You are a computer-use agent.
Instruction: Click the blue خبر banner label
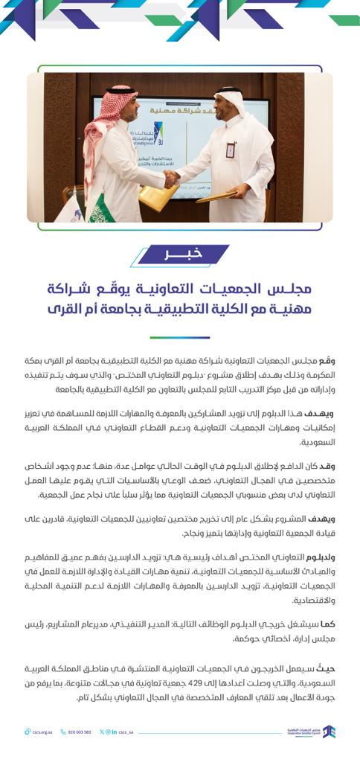(x=183, y=255)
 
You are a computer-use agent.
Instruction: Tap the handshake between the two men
(x=171, y=179)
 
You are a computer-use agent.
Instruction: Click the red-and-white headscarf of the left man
(x=112, y=119)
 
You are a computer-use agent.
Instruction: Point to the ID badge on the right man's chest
(x=231, y=150)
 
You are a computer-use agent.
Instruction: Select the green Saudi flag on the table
(x=100, y=208)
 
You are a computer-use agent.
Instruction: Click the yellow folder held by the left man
(x=158, y=197)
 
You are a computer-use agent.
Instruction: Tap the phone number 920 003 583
(x=76, y=732)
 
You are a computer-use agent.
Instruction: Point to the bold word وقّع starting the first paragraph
(x=328, y=360)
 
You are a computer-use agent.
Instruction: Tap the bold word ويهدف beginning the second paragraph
(x=324, y=413)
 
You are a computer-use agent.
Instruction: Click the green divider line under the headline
(x=179, y=337)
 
